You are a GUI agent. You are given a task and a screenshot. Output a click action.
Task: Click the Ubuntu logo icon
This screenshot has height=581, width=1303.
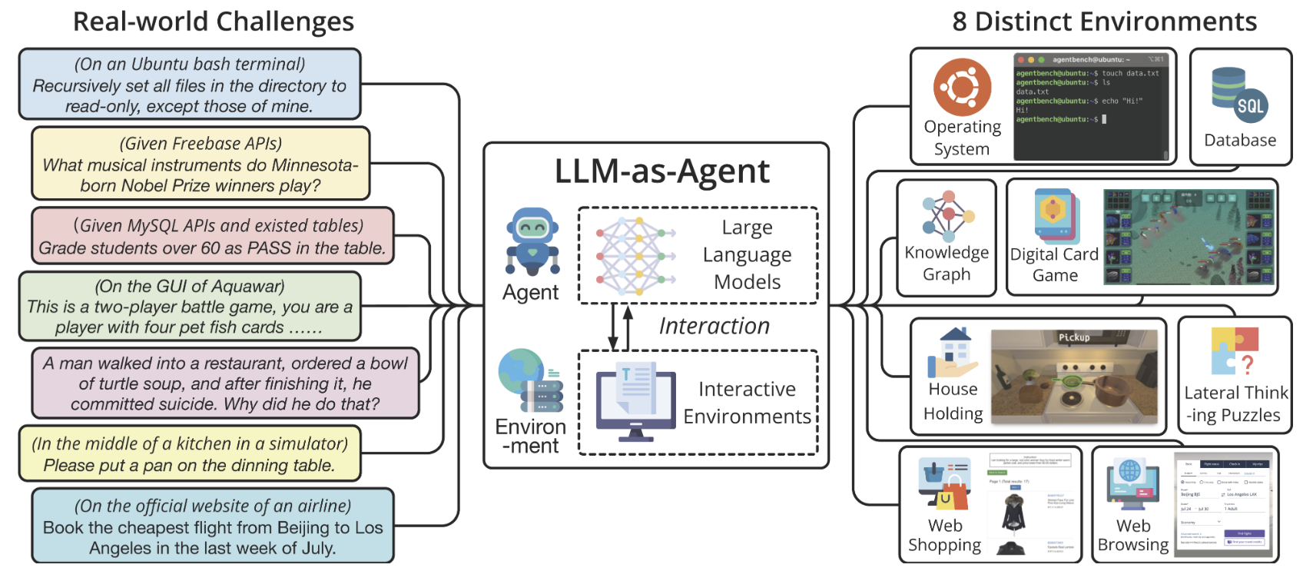(x=962, y=87)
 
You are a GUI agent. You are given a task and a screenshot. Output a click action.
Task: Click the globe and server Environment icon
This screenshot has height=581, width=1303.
(x=529, y=380)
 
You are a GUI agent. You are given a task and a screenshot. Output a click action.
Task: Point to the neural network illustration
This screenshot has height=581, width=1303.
(x=635, y=256)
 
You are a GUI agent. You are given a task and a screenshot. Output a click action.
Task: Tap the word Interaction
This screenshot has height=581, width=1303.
(x=714, y=326)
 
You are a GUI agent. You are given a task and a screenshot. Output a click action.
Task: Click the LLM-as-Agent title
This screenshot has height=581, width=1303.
(x=661, y=171)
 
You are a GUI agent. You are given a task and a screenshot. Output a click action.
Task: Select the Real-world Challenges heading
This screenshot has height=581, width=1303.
(x=213, y=22)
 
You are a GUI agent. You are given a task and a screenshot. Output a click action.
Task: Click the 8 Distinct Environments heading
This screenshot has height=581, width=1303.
(x=1104, y=22)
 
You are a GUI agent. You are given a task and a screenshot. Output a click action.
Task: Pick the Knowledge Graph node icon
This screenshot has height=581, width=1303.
(x=947, y=215)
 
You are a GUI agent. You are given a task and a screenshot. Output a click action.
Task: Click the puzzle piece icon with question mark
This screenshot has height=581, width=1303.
(x=1235, y=350)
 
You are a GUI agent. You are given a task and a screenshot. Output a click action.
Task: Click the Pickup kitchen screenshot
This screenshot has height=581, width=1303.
(x=1074, y=377)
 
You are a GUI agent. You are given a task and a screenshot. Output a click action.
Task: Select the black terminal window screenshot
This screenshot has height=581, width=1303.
(x=1091, y=107)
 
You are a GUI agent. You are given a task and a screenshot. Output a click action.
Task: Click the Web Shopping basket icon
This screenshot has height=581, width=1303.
(x=944, y=484)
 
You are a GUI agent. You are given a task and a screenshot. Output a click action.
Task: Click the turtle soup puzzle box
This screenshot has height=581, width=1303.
(x=225, y=383)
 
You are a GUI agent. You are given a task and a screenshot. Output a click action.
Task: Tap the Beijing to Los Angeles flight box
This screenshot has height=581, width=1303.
(x=212, y=527)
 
